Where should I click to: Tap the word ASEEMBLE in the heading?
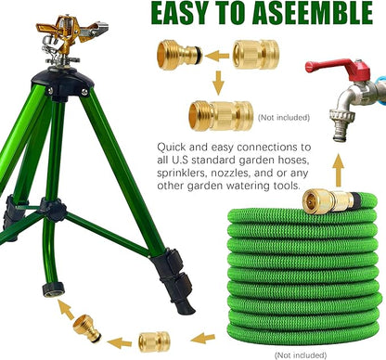(308, 16)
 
